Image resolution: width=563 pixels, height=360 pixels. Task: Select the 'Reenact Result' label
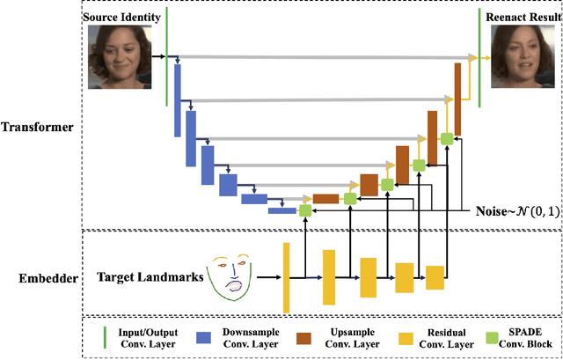522,17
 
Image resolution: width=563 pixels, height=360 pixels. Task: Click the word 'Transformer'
40,129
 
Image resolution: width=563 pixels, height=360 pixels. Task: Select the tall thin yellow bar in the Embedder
286,277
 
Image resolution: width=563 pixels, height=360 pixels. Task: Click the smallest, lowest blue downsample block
281,209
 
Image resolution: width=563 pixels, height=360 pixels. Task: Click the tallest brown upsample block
458,87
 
